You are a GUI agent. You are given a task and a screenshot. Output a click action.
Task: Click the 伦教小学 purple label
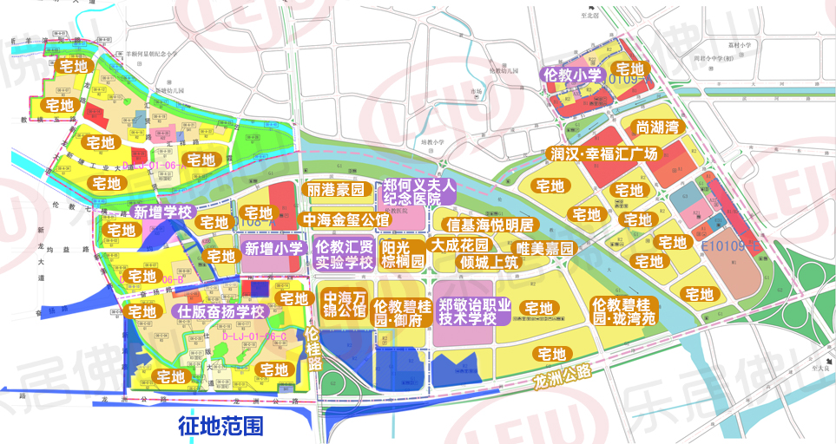point(572,75)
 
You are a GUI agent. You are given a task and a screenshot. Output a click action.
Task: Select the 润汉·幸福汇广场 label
point(604,154)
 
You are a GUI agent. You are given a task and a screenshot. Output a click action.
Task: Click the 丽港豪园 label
point(335,191)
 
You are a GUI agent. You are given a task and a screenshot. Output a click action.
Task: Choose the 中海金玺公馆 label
point(345,219)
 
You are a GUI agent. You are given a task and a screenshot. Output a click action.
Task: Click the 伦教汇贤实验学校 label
point(344,255)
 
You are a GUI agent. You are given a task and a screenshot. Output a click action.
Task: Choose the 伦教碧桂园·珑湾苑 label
point(623,310)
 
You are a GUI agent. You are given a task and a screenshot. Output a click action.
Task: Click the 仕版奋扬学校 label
point(221,311)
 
